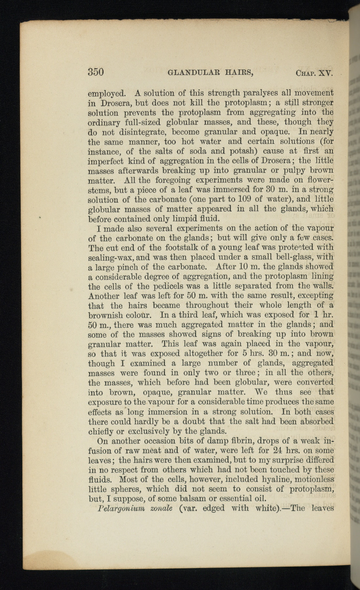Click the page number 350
96,72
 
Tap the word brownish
106,315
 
